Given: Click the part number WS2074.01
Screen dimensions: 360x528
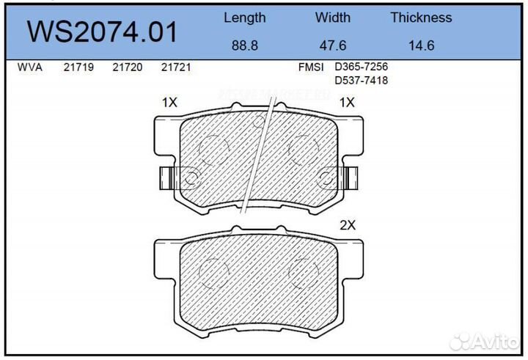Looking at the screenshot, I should point(102,32).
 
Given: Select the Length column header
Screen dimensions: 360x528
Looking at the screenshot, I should point(244,18).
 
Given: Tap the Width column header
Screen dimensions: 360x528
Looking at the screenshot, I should point(333,18).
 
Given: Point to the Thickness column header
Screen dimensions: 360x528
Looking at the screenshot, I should point(421,18).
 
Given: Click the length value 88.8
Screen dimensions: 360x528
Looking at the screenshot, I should point(244,45).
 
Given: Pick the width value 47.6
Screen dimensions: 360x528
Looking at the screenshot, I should point(333,45).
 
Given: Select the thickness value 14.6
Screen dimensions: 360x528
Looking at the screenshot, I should point(421,45).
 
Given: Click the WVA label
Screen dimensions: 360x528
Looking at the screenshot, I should point(29,67).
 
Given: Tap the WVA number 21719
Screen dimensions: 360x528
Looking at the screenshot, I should point(77,67).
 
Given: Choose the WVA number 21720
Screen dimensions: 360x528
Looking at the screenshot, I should point(126,67).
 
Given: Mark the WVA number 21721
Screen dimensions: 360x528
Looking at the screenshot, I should point(175,67).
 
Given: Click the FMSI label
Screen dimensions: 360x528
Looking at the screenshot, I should point(310,67).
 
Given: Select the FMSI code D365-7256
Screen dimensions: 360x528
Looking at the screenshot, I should point(361,67).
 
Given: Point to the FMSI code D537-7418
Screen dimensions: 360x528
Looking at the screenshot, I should point(361,80).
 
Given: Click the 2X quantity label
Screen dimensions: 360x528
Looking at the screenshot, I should point(347,226).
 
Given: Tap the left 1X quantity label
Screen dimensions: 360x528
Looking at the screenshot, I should point(169,103).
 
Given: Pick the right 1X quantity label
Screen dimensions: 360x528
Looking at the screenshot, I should point(347,103).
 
